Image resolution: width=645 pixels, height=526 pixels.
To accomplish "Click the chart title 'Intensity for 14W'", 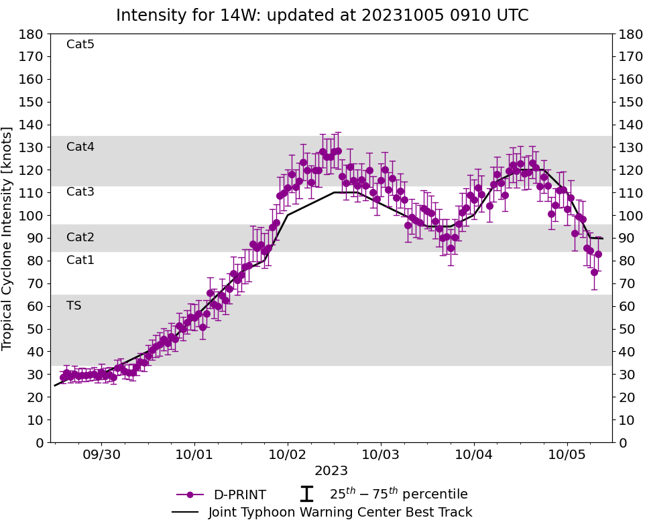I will click(x=322, y=15).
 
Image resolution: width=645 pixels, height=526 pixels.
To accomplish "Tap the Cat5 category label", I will click(x=80, y=44).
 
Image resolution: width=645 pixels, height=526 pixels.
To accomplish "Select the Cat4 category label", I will click(x=80, y=147).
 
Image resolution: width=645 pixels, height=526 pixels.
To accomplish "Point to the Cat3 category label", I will click(x=80, y=192).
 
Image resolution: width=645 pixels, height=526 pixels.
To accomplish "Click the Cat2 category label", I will click(x=80, y=237).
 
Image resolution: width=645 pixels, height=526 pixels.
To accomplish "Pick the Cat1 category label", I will click(x=80, y=260).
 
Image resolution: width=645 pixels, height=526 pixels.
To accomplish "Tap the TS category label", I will click(x=74, y=306).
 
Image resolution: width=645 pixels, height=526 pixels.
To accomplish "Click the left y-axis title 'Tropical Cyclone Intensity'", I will click(x=8, y=238).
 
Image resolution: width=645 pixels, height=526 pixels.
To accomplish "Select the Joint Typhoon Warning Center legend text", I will click(x=340, y=513).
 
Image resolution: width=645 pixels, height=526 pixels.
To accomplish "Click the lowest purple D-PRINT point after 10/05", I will click(x=594, y=272).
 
